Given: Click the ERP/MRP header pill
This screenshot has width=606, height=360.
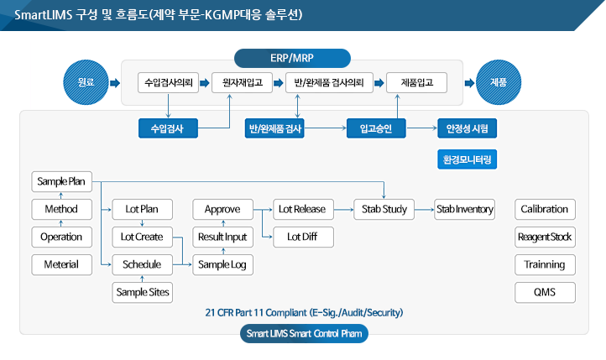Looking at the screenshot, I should pos(292,58).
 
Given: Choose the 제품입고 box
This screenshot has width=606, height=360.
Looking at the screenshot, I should pos(415,83).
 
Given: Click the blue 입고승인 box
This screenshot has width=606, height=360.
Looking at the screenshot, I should pos(376,128).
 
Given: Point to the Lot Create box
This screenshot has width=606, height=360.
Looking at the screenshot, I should pos(142,237).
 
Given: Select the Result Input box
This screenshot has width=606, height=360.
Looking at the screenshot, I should pos(222,237).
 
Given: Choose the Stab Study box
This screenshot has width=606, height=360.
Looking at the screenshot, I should pos(384,209).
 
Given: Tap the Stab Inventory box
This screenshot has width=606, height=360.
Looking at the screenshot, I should pos(464,209).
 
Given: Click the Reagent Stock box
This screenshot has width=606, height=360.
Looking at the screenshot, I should pos(544,237).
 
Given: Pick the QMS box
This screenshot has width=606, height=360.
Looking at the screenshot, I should pos(544,292).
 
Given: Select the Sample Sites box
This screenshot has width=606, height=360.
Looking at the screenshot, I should pos(142,292).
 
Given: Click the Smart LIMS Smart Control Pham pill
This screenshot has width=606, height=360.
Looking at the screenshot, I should pos(303,333).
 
